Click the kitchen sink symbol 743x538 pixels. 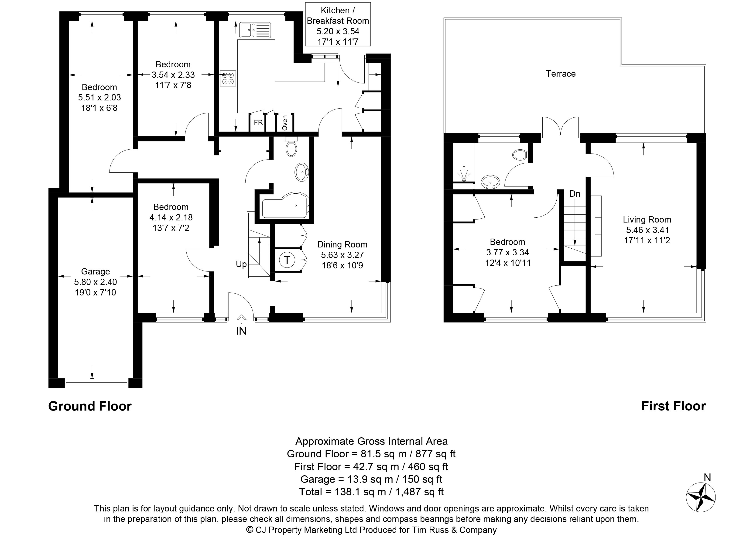coord(255,30)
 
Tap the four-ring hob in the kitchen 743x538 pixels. coord(228,78)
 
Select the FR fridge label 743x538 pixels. coord(258,123)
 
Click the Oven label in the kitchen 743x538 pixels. coord(285,123)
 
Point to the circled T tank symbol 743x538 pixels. coord(287,260)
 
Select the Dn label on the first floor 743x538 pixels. coord(575,194)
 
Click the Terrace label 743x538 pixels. coord(561,74)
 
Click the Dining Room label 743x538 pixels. coord(342,244)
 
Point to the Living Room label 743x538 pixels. coord(647,219)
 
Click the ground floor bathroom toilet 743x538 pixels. coord(291,147)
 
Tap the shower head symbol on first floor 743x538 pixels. coord(464,173)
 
